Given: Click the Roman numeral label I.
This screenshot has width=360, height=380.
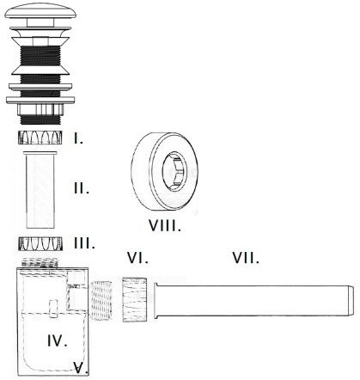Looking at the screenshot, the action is [x=78, y=138].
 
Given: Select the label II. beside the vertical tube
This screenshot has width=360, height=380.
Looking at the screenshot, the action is [x=82, y=188].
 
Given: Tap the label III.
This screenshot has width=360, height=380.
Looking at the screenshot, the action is [x=84, y=243].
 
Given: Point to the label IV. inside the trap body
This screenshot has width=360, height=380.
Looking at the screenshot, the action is [x=58, y=340].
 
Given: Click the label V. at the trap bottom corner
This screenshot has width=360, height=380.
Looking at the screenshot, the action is [x=81, y=368].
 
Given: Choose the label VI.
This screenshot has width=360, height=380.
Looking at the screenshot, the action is [x=137, y=258].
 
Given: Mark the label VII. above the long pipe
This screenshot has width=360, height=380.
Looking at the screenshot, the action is [x=246, y=258].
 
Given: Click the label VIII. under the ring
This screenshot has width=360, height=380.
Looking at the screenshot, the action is [x=165, y=225].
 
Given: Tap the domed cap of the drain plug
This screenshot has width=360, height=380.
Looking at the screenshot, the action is [x=40, y=11].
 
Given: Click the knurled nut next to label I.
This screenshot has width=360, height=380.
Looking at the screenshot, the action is [x=40, y=137].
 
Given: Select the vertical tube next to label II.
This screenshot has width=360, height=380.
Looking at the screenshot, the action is [x=40, y=190].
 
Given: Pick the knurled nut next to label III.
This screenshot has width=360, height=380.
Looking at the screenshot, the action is [x=40, y=243].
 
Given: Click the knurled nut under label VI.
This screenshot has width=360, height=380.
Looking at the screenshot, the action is [x=135, y=299].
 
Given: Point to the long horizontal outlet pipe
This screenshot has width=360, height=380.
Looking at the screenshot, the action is [x=253, y=300].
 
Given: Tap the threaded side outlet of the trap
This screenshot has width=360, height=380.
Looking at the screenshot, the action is [x=101, y=300].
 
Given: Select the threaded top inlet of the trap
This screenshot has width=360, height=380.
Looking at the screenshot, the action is [x=40, y=262].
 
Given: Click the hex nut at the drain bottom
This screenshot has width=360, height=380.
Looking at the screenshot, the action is [x=40, y=109].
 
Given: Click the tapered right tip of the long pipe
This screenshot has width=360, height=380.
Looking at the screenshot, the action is [x=351, y=300].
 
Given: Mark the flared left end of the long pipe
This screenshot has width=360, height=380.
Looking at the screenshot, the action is [x=156, y=300].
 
